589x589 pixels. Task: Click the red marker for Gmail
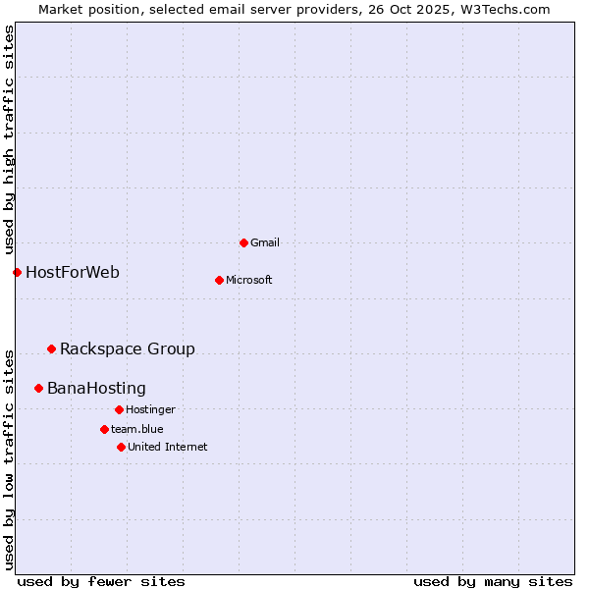[x=243, y=242]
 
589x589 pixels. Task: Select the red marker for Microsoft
[x=219, y=280]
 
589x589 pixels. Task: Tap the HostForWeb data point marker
[x=17, y=272]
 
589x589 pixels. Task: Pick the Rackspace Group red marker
[x=51, y=348]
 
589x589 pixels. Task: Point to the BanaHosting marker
[x=38, y=388]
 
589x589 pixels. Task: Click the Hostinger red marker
[x=119, y=409]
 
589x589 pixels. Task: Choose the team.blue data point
[x=104, y=429]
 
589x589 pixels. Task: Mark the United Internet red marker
[x=121, y=447]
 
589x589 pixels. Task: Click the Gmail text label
[x=265, y=242]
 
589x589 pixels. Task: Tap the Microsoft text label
[x=249, y=280]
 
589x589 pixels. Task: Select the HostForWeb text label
[x=73, y=272]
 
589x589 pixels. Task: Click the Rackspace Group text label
[x=128, y=348]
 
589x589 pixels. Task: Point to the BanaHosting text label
[x=96, y=388]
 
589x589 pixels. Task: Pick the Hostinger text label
[x=150, y=409]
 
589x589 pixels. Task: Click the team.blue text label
[x=137, y=429]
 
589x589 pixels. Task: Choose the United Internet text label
[x=168, y=447]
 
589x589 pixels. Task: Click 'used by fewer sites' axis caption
[x=101, y=581]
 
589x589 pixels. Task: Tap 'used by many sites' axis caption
[x=493, y=581]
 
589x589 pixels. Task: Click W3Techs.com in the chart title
[x=501, y=9]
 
